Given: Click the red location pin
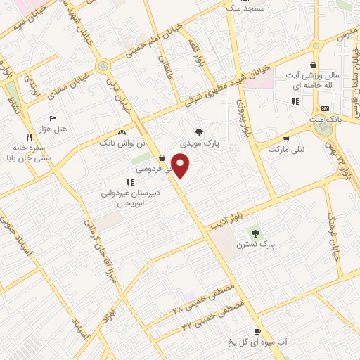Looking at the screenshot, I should click(x=181, y=165).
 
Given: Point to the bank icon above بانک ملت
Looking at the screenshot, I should click(x=324, y=108).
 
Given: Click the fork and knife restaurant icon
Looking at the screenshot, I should click(x=29, y=136).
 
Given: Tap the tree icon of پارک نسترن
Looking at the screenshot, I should click(x=255, y=233).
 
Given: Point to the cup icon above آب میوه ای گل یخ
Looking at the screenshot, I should click(x=257, y=330).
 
